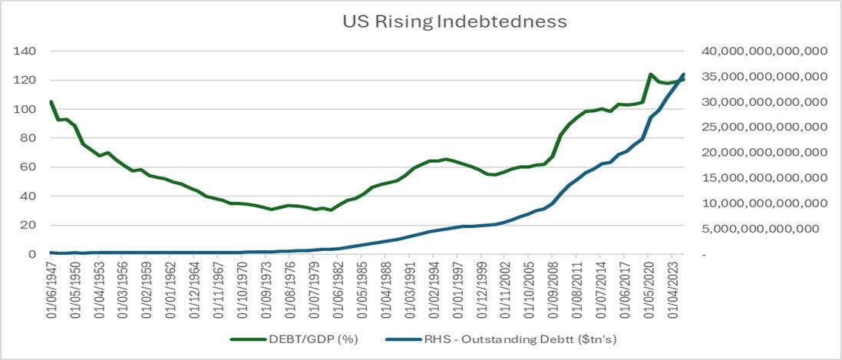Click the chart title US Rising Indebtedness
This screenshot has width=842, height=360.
click(454, 21)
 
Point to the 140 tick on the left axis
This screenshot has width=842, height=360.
click(27, 51)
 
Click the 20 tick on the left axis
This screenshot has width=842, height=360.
click(30, 225)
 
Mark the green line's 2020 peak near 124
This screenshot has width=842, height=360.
click(650, 74)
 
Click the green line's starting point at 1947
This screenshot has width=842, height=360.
click(51, 101)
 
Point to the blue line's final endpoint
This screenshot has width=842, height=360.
click(683, 74)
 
